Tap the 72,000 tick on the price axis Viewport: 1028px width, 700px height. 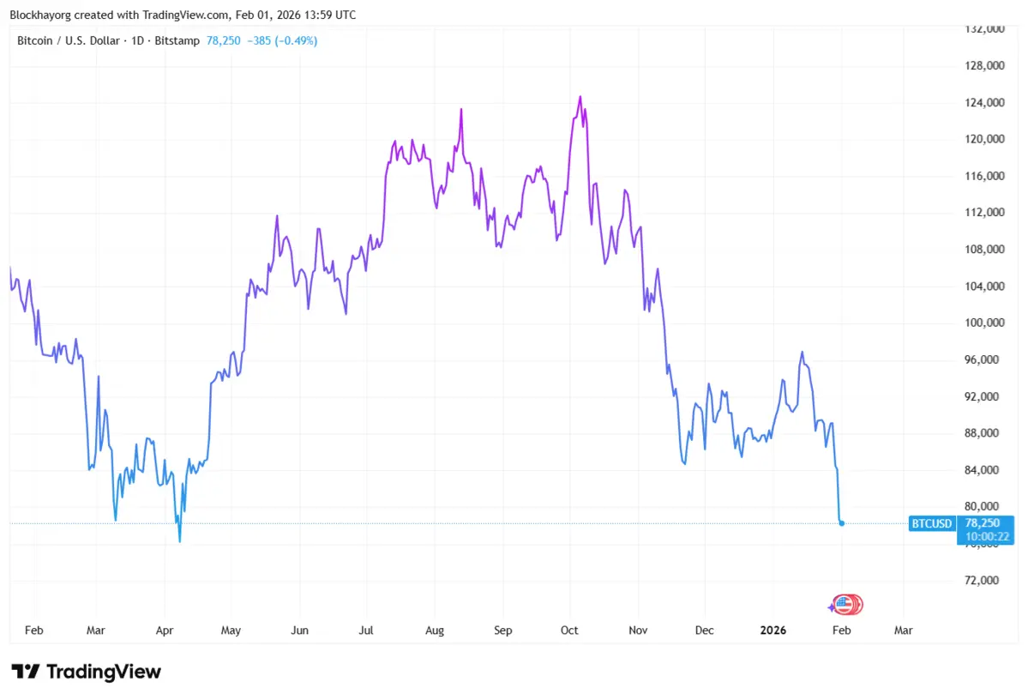click(982, 581)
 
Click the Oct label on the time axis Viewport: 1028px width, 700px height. click(569, 631)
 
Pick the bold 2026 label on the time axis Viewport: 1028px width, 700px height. click(773, 631)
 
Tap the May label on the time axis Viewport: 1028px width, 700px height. click(231, 631)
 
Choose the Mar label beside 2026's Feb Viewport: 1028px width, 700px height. click(903, 631)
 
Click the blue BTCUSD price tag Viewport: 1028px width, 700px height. click(932, 522)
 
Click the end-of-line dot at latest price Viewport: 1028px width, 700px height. click(842, 522)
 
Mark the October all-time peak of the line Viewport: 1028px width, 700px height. click(580, 96)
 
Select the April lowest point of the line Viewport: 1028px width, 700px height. click(179, 541)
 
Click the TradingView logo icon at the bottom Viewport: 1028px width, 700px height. click(25, 672)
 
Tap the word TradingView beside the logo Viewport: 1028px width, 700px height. click(103, 672)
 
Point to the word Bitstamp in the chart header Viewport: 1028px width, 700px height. click(178, 40)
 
